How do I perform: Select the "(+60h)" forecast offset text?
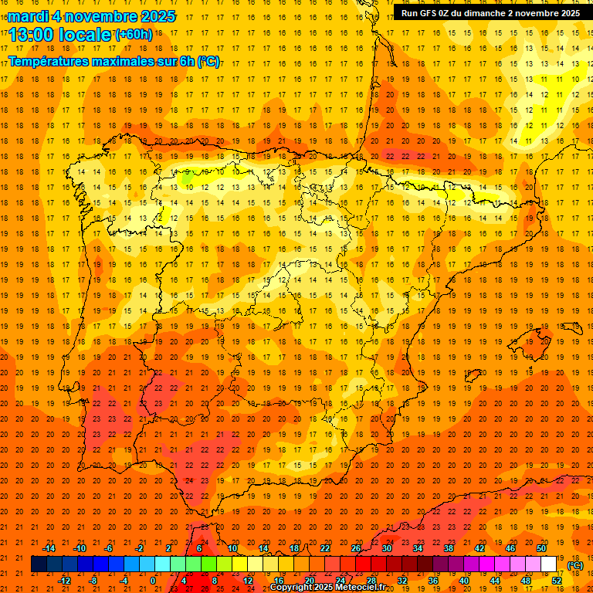pyautogui.click(x=134, y=35)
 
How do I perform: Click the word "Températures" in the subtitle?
pyautogui.click(x=47, y=60)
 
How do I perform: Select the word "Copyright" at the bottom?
pyautogui.click(x=291, y=588)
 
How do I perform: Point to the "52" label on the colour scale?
pyautogui.click(x=557, y=581)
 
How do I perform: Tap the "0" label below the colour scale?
pyautogui.click(x=153, y=581)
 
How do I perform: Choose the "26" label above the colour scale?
pyautogui.click(x=356, y=548)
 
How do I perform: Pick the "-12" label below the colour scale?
pyautogui.click(x=64, y=581)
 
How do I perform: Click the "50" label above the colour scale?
pyautogui.click(x=541, y=548)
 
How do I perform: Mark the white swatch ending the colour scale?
pyautogui.click(x=549, y=564)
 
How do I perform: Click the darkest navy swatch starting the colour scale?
pyautogui.click(x=39, y=564)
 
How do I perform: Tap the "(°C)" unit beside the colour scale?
pyautogui.click(x=575, y=565)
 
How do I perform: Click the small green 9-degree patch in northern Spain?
pyautogui.click(x=186, y=177)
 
